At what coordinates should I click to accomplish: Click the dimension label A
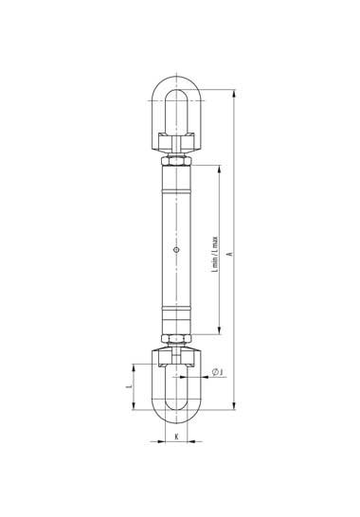coord(230,254)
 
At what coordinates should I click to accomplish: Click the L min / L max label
coord(215,254)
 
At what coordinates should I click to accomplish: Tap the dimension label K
coord(176,437)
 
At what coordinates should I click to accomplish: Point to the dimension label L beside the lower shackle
coord(130,385)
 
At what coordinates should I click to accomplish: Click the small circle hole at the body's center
coord(176,249)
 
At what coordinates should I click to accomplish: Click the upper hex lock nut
coord(176,162)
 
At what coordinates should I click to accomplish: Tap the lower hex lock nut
coord(176,338)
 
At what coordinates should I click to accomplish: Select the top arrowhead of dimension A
coord(234,94)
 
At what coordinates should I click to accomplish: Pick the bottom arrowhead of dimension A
coord(234,406)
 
